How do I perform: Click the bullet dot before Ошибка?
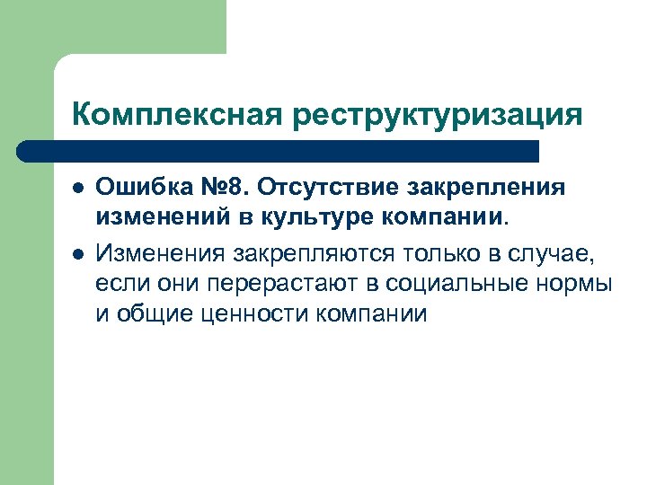pos(78,190)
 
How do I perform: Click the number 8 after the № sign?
pos(235,188)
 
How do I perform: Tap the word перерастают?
pos(287,286)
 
